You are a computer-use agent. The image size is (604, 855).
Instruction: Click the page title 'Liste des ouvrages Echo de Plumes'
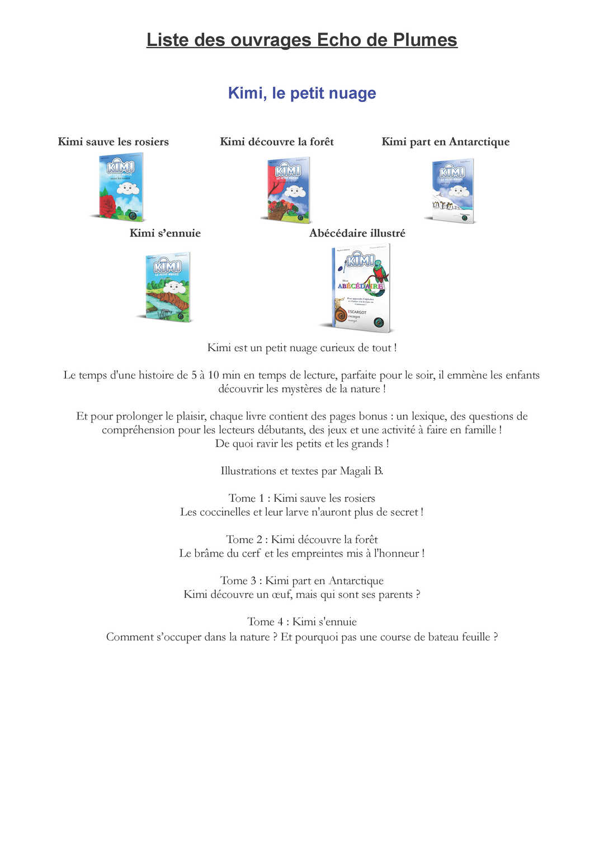[302, 40]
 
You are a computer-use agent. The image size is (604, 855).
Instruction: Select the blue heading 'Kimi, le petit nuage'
[302, 93]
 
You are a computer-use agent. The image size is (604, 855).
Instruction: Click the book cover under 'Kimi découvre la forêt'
[287, 189]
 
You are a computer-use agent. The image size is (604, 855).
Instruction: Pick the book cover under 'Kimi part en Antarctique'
[452, 191]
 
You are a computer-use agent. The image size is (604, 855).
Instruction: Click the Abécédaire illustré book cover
[361, 288]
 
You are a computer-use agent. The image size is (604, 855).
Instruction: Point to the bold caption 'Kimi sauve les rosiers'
[114, 142]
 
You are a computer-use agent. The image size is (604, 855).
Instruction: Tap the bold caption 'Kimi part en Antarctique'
[446, 142]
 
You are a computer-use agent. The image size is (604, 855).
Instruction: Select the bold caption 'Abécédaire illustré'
[357, 233]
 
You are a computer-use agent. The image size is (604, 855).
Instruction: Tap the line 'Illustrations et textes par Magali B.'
[302, 471]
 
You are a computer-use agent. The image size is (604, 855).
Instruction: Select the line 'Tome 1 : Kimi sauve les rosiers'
[302, 498]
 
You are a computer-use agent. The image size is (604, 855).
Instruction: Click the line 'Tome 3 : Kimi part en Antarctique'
[302, 581]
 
